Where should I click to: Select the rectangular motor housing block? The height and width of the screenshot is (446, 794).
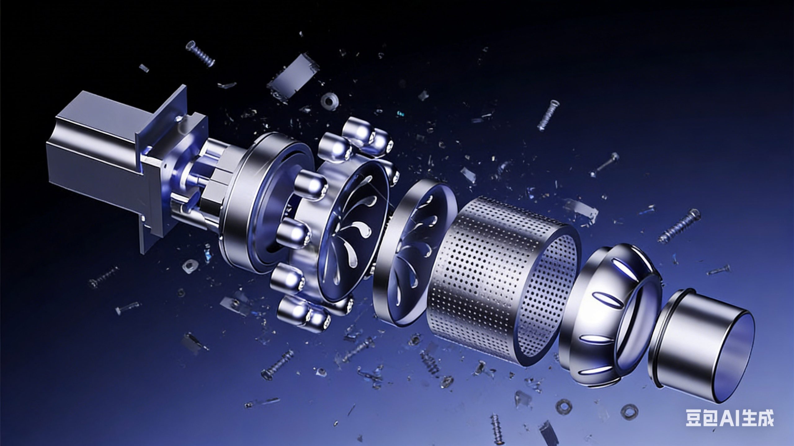pyautogui.click(x=102, y=149)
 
